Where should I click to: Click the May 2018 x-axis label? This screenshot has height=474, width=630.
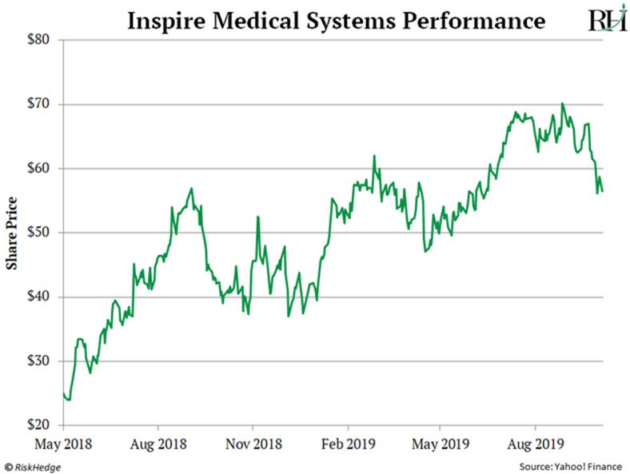pyautogui.click(x=63, y=442)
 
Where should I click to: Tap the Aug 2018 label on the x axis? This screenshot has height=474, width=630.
pyautogui.click(x=157, y=442)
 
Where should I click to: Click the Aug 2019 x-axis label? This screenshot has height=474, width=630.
pyautogui.click(x=534, y=442)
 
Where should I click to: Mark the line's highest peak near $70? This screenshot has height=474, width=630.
pyautogui.click(x=563, y=104)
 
